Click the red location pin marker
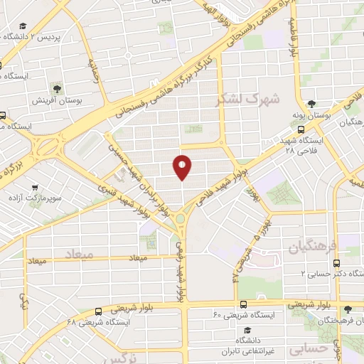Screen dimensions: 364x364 tap(183, 167)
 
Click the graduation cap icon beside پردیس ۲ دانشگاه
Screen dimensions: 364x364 tap(4, 36)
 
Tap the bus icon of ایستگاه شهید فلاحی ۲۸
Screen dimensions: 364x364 tap(301, 129)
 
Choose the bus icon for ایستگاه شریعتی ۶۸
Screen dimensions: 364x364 tap(97, 311)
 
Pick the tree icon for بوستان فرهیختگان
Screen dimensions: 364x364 tap(348, 310)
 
